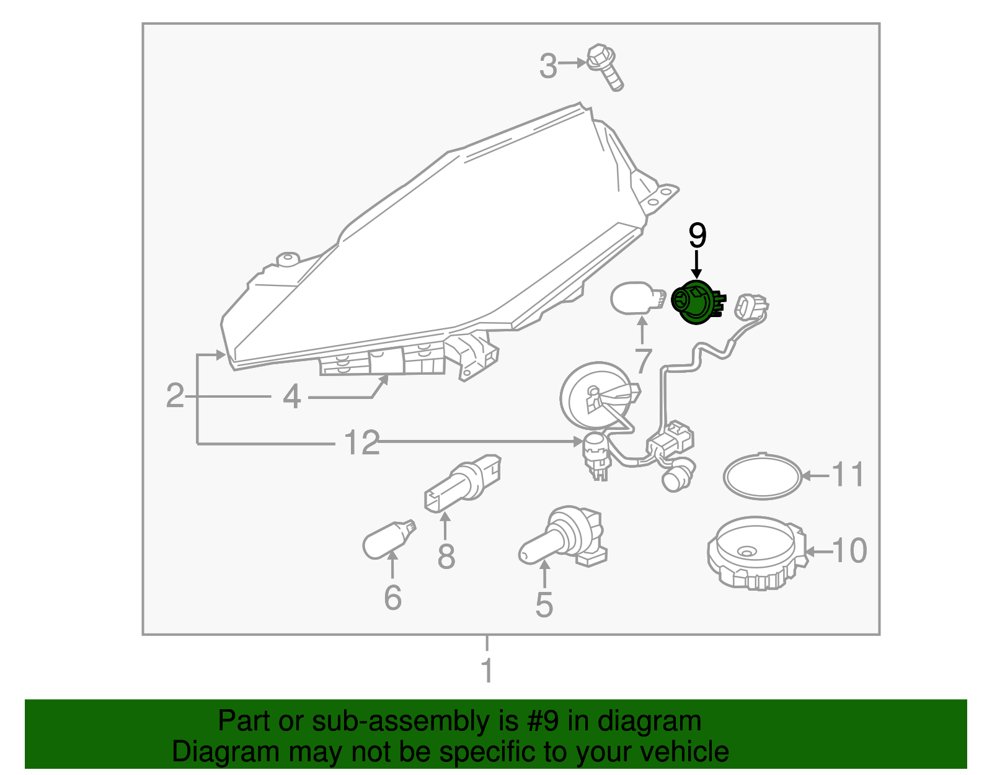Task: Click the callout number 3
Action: [547, 66]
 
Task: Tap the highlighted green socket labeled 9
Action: [695, 302]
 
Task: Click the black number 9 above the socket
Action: [697, 236]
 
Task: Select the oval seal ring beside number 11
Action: [762, 477]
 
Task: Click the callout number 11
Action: [848, 475]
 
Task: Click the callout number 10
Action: [849, 551]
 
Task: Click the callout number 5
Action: [544, 605]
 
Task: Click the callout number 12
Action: [361, 443]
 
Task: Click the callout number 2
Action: [175, 396]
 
